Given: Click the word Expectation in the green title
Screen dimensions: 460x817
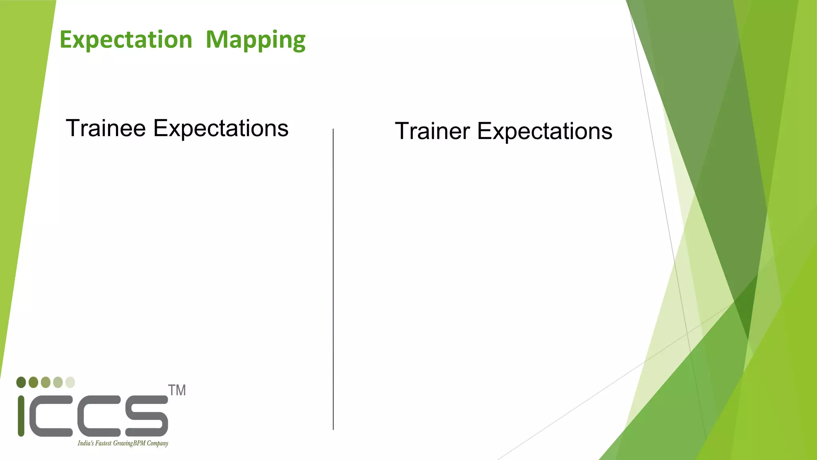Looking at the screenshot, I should [x=126, y=40].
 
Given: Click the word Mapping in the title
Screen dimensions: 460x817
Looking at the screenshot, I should [x=255, y=40].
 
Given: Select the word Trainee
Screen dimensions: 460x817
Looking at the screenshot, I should [x=106, y=128].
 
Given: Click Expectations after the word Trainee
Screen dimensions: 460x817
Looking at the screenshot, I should [x=221, y=128].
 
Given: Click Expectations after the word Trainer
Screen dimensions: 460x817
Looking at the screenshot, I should [x=545, y=131].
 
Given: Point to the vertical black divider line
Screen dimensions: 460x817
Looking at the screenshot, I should [x=333, y=280].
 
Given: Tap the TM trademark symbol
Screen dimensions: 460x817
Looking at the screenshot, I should [x=177, y=391].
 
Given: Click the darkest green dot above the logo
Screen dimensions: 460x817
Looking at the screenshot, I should [x=21, y=382].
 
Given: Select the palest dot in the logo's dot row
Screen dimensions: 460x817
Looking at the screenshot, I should [x=70, y=382].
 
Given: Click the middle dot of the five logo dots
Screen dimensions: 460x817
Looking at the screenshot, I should [x=45, y=382].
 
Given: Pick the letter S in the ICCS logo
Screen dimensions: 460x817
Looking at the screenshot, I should [x=146, y=416].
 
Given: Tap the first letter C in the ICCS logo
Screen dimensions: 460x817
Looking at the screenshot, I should [x=51, y=416].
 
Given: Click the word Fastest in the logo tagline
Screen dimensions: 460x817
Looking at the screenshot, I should [x=103, y=443].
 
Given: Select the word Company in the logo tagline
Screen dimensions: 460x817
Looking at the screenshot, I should [x=157, y=444].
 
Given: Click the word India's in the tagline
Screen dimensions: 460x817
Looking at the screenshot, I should [x=85, y=443].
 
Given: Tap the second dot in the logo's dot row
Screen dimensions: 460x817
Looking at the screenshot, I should [x=34, y=382].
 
